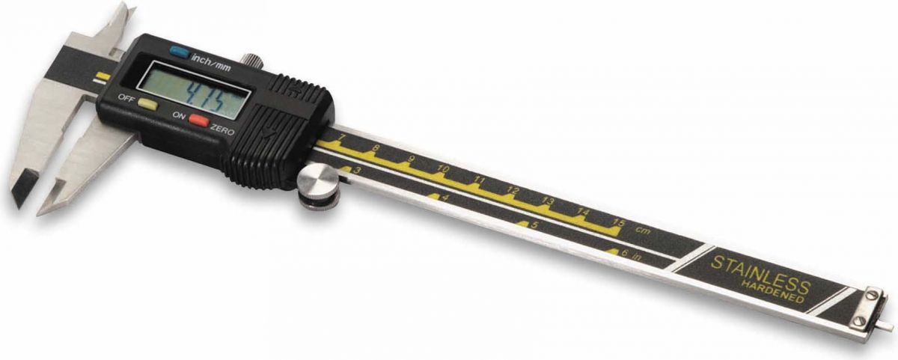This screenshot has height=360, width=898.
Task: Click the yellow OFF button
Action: coord(148,104)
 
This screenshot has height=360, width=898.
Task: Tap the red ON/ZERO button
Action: coord(199,120)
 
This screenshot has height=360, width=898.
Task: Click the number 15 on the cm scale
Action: coord(620,222)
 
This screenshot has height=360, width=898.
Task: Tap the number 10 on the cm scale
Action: coord(442,168)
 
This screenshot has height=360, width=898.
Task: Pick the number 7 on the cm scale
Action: coord(341,138)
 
